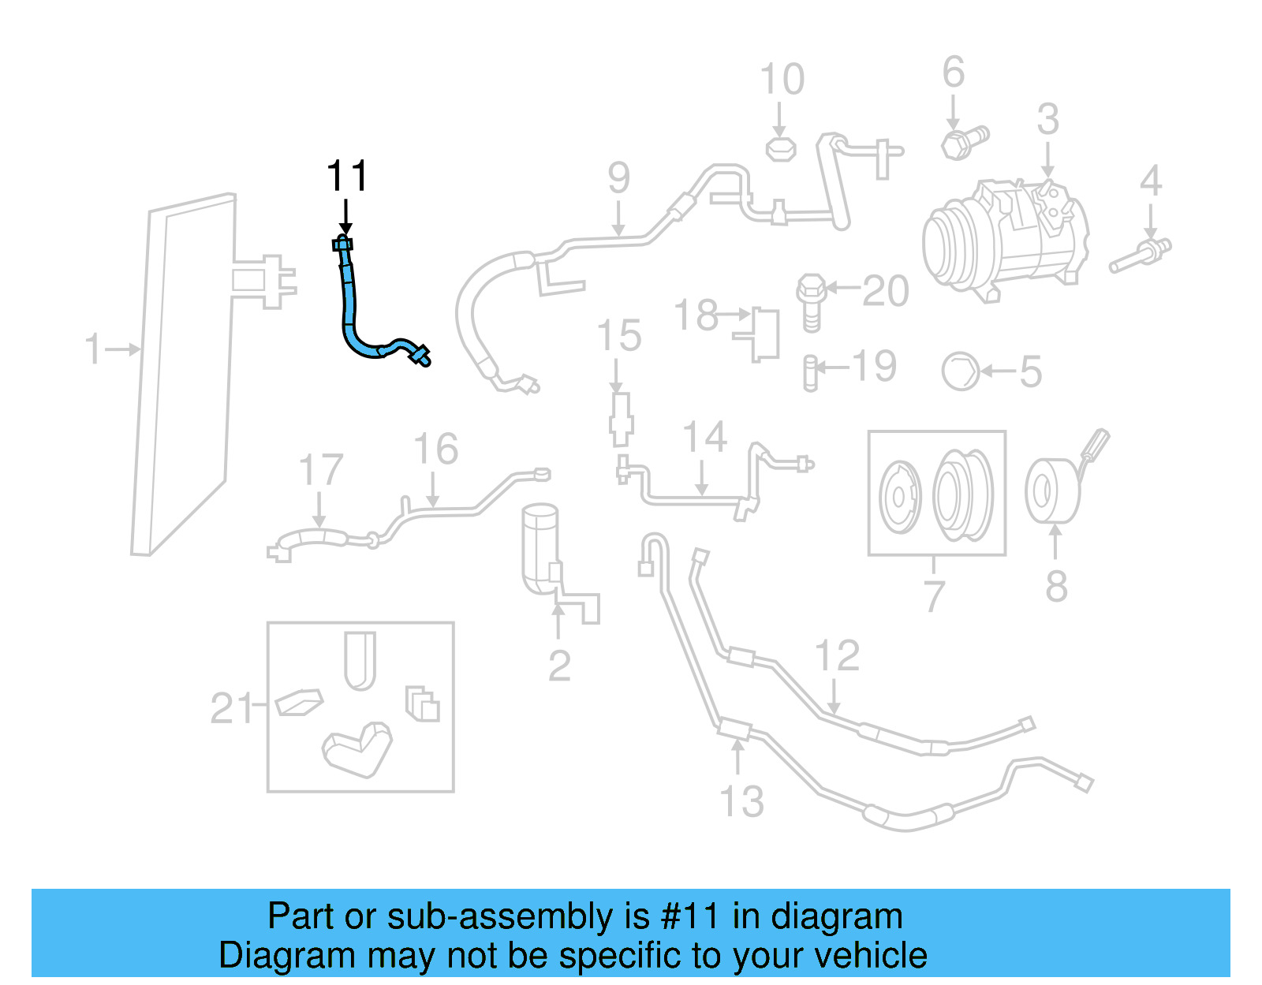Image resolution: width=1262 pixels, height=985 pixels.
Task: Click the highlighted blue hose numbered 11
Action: tap(349, 315)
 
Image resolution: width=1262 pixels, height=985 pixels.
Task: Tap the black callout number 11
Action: tap(347, 176)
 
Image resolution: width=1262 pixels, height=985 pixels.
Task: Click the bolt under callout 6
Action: tap(963, 142)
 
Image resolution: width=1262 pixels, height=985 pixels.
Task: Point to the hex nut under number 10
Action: tap(781, 148)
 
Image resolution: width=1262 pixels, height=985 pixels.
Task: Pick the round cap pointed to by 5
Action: tap(961, 371)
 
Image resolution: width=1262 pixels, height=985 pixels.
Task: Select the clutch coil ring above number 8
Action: tap(1052, 491)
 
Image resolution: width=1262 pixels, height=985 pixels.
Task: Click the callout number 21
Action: tap(232, 708)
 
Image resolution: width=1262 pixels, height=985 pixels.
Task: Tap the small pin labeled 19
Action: tap(809, 373)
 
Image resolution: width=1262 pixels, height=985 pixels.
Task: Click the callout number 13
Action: tap(742, 802)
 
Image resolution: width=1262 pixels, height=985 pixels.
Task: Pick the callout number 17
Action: tap(321, 471)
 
